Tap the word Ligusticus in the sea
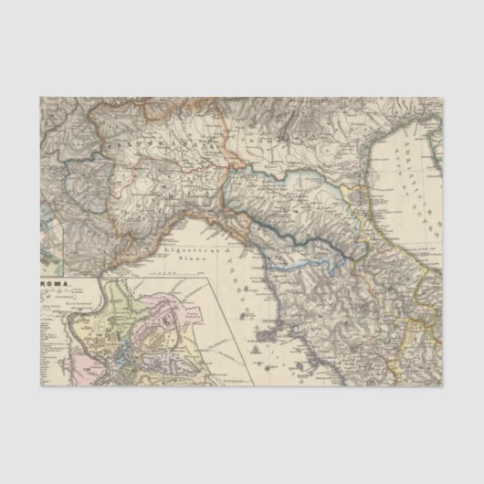click(x=179, y=248)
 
